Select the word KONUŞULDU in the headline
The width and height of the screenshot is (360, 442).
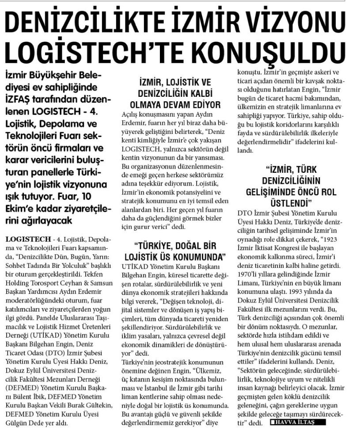click(277, 50)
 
